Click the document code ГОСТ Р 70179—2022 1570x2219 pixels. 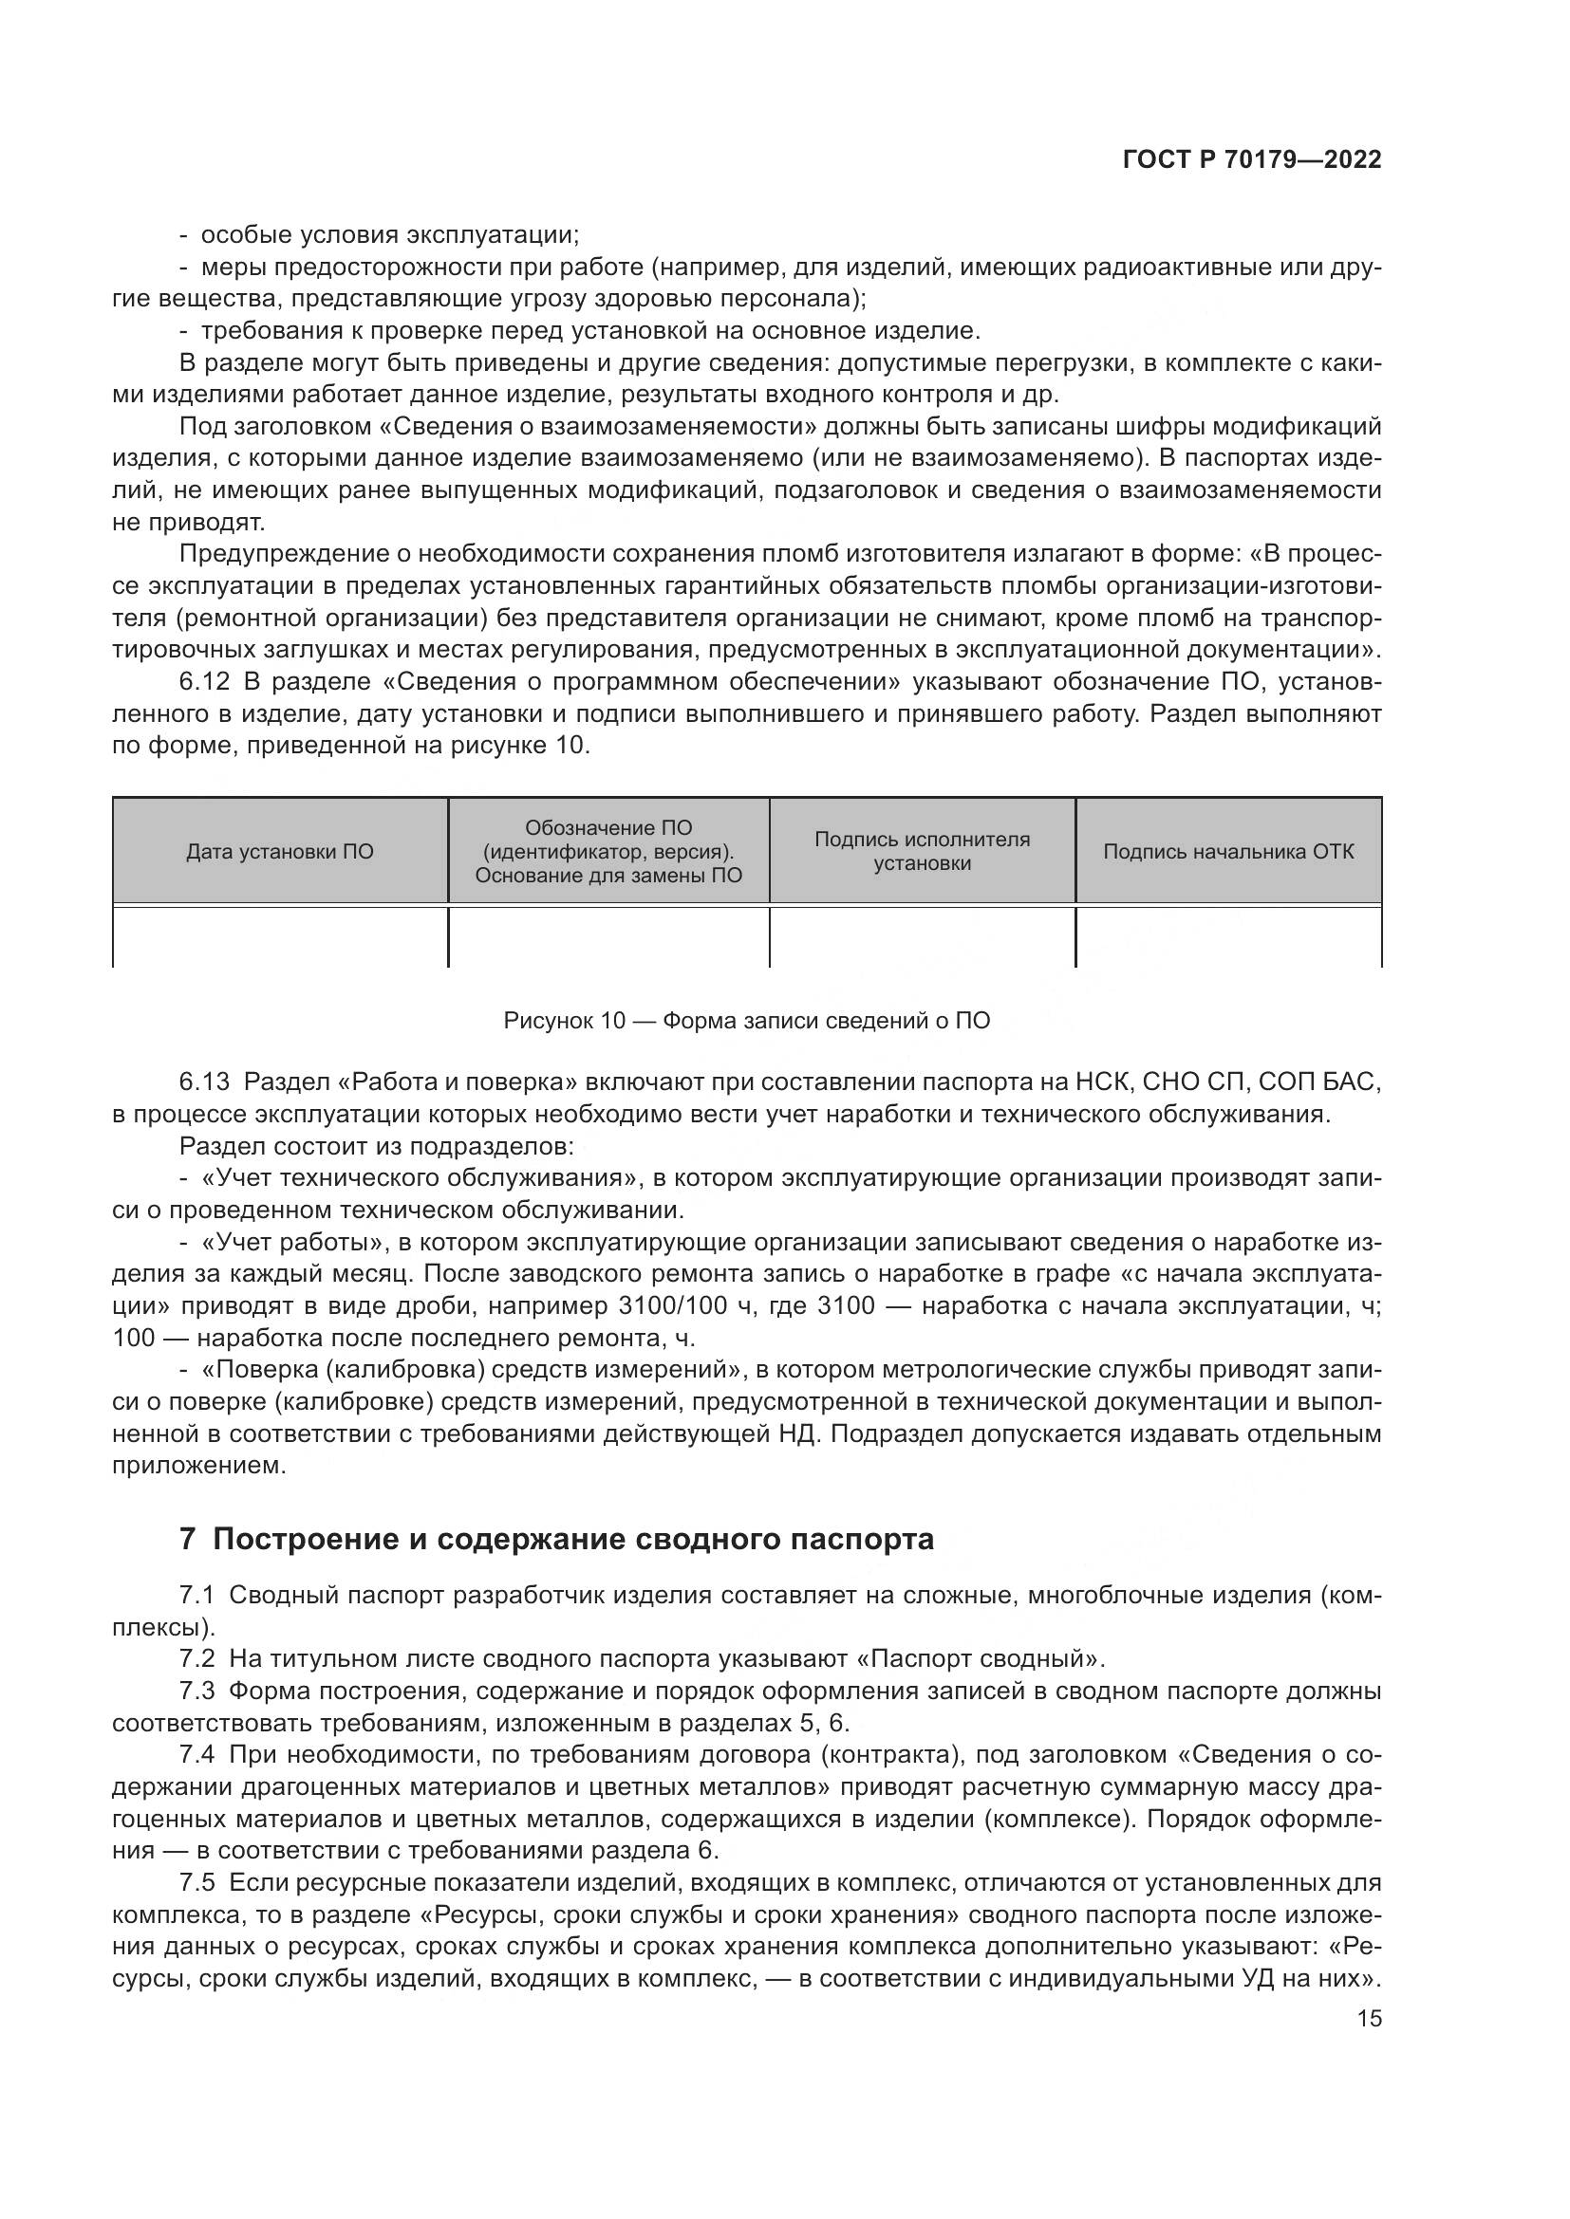coord(1252,160)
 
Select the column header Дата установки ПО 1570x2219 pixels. coord(279,851)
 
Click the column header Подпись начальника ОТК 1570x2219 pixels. coord(1228,851)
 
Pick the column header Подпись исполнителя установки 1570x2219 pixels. coord(923,851)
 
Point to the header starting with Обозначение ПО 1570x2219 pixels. coord(608,851)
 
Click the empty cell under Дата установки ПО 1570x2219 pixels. coord(279,935)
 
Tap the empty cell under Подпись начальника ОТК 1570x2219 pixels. coord(1228,935)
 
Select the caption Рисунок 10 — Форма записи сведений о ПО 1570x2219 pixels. coord(746,1021)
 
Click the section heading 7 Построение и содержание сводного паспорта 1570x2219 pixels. coord(557,1539)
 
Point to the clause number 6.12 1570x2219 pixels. coord(204,682)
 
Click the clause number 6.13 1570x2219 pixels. coord(204,1082)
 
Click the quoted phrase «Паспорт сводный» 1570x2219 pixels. coord(980,1658)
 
